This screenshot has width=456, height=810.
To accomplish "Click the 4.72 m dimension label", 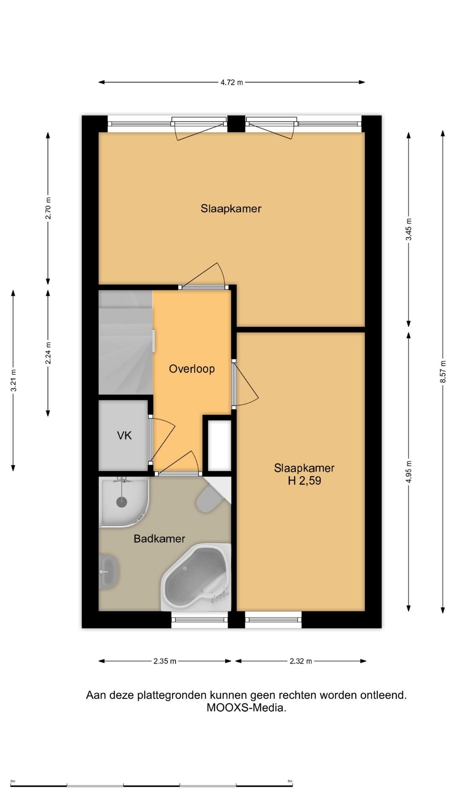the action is tap(231, 82).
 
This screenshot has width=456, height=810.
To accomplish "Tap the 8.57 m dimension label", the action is tap(443, 372).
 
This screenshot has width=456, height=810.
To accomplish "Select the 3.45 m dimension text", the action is tap(408, 229).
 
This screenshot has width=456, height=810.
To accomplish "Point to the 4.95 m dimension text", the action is tap(408, 472).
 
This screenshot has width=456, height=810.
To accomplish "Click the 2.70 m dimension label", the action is tap(48, 208).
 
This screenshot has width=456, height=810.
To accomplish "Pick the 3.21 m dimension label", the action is tap(14, 380).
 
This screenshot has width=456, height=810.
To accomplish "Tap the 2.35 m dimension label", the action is tap(165, 661).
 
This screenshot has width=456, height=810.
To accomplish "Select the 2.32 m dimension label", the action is tap(301, 661).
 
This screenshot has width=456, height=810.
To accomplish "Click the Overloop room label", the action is tap(192, 369).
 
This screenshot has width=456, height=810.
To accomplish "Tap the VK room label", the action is tap(124, 435).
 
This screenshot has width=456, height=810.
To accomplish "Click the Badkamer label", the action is tap(159, 539).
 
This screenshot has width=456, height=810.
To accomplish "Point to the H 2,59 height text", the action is tap(304, 481).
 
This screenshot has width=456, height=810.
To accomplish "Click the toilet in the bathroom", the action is tap(209, 499).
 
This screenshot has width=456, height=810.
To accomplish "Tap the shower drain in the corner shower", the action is tap(122, 502).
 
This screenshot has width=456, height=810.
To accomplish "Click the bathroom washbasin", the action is tap(109, 572).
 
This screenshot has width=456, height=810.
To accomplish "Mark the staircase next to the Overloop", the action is tap(125, 343).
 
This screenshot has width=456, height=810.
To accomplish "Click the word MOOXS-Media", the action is tap(246, 707).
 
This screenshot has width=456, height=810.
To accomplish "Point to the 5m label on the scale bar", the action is tap(290, 781).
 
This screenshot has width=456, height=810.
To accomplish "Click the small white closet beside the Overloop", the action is tap(220, 445).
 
